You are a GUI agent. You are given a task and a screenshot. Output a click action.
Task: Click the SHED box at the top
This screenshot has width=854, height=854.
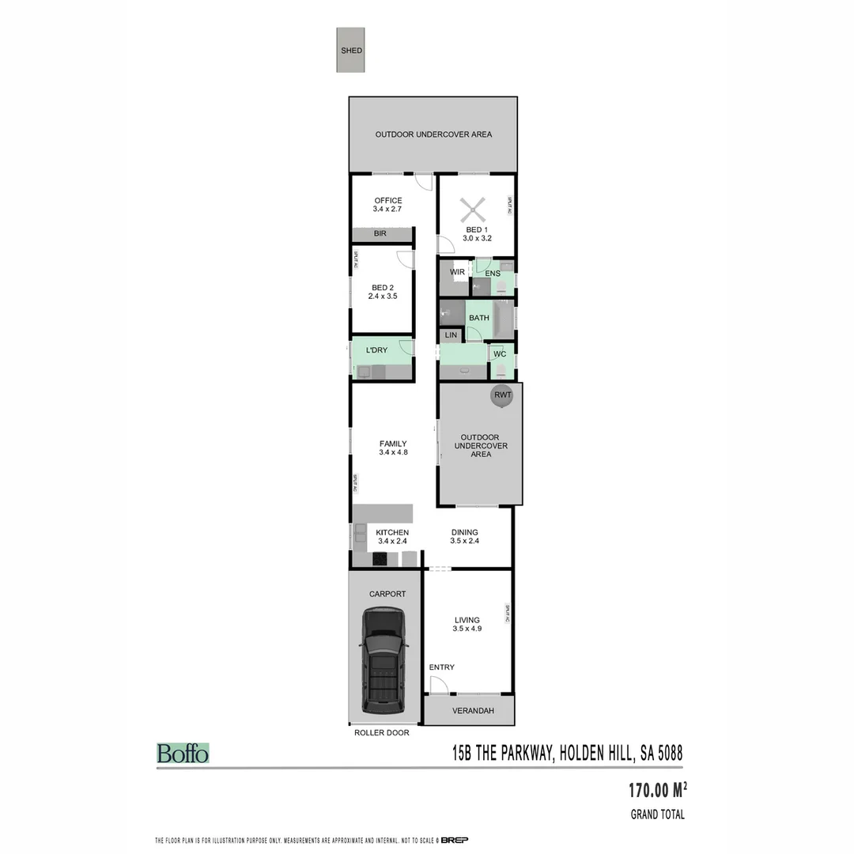point(351,51)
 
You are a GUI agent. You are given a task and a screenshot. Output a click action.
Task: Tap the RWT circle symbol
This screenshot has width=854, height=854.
point(502,395)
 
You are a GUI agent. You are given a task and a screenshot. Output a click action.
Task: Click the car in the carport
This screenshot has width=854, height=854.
point(384,659)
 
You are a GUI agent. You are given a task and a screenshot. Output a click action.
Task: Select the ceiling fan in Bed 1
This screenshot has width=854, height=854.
point(472,211)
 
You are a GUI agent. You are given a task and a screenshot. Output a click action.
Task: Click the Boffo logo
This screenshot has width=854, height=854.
point(183,754)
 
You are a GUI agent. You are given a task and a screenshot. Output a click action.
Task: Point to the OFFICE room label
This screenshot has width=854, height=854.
point(388,201)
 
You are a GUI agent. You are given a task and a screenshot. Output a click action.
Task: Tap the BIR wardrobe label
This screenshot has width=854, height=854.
point(380,234)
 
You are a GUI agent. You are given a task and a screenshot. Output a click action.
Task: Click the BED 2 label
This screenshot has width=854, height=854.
point(383,287)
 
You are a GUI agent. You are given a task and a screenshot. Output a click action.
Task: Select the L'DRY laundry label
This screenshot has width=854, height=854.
point(376,350)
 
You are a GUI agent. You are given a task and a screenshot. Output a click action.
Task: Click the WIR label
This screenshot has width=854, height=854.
point(457,273)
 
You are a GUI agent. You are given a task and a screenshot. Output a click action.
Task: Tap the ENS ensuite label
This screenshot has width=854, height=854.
point(493,274)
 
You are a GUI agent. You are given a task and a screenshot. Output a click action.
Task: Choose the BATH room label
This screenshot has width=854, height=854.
point(479,318)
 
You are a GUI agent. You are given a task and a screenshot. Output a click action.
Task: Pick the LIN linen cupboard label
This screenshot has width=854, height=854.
point(452,335)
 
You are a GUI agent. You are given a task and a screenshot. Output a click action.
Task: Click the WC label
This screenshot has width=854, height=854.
point(500,354)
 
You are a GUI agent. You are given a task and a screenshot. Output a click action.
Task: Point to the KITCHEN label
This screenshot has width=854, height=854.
point(392,532)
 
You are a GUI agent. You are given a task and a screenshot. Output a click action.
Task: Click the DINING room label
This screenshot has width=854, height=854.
point(465,532)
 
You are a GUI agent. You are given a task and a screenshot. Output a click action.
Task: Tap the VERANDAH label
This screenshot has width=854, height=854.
point(473,711)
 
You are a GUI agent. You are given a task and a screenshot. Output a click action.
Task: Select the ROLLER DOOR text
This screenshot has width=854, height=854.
point(381,733)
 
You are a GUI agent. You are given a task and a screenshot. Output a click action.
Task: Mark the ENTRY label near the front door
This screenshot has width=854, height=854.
point(442,667)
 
